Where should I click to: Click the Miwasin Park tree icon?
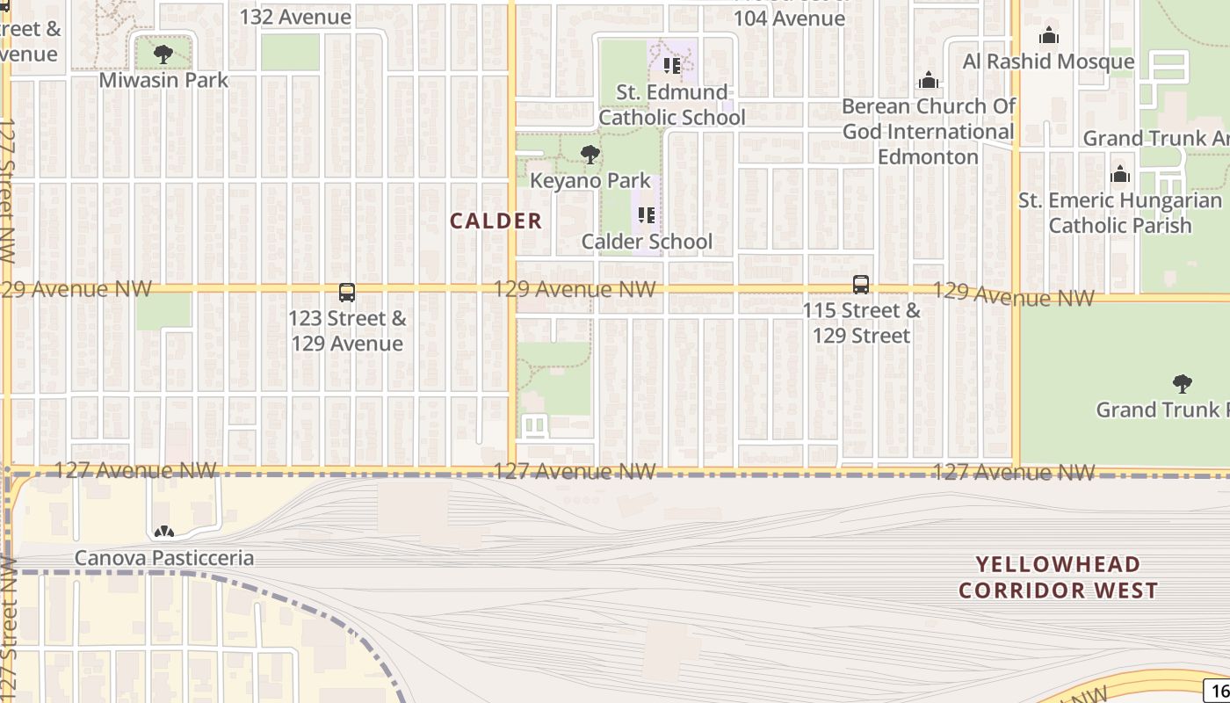tap(163, 54)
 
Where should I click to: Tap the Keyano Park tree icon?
tap(590, 156)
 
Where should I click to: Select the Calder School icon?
tap(647, 215)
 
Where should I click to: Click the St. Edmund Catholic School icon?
tap(672, 66)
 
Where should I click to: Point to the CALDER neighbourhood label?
tap(496, 221)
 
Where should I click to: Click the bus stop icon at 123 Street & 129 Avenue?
tap(347, 293)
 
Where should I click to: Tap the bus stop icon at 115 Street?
tap(861, 285)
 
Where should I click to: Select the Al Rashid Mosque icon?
tap(1048, 36)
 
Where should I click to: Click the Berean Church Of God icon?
tap(929, 82)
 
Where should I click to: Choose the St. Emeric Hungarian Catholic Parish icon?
tap(1120, 174)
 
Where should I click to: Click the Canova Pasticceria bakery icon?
tap(163, 532)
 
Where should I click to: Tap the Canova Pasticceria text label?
tap(164, 558)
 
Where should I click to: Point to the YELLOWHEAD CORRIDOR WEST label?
tap(1059, 577)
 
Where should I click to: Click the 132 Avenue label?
tap(295, 17)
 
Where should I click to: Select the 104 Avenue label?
tap(789, 18)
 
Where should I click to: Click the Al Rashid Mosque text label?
tap(1048, 62)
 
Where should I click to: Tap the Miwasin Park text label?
tap(163, 80)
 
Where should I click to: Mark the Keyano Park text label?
tap(590, 181)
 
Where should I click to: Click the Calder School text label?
tap(647, 242)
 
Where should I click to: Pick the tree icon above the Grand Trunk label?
tap(1183, 384)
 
